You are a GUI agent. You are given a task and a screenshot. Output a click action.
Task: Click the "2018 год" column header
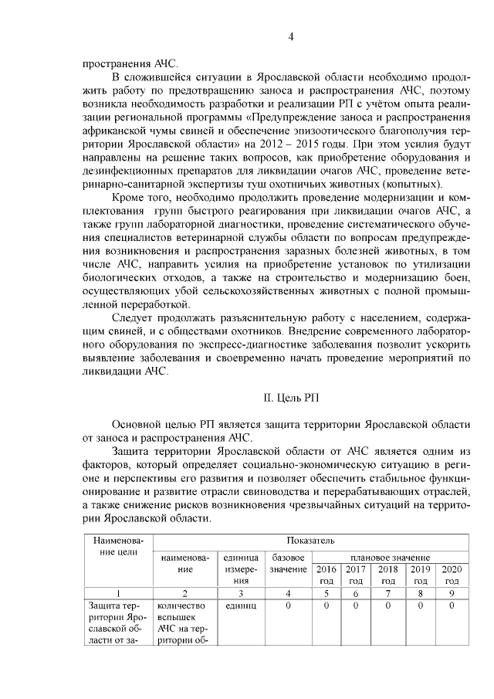(x=388, y=575)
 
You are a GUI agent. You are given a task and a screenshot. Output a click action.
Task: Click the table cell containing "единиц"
(x=241, y=606)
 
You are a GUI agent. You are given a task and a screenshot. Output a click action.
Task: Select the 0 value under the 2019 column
(x=420, y=606)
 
